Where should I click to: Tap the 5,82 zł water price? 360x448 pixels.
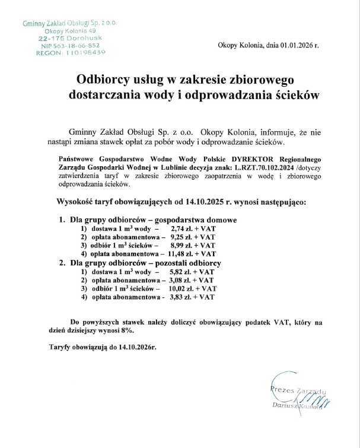coord(179,271)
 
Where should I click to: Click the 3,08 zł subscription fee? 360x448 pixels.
coord(179,279)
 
